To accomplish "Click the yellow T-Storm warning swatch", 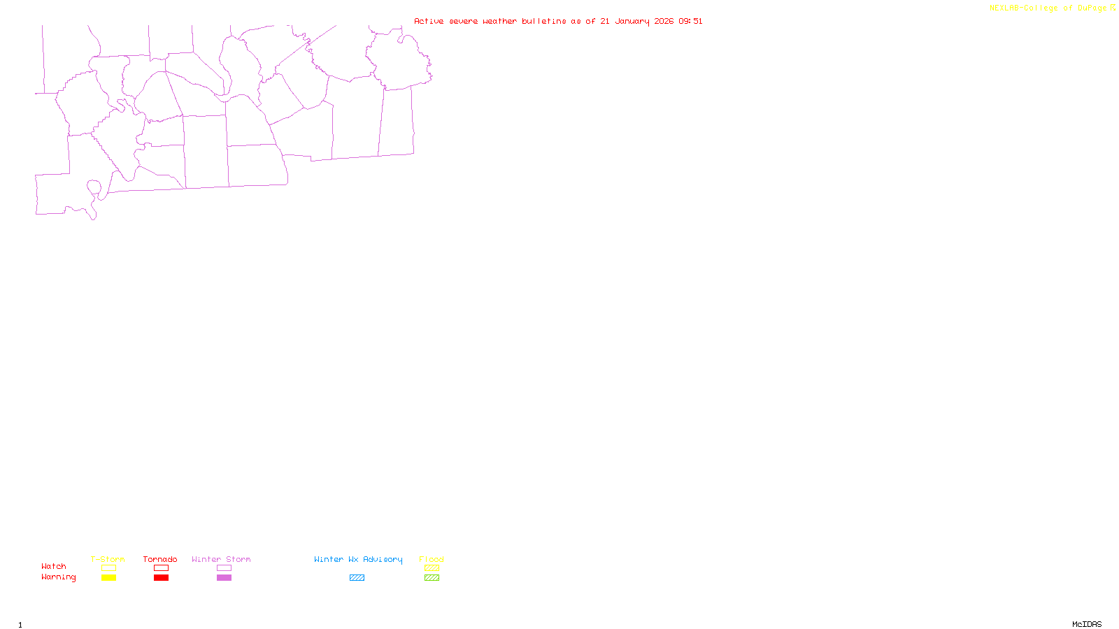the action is coord(108,578).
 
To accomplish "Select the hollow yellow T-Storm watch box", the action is coord(108,568).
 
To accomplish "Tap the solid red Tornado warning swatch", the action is coord(161,578).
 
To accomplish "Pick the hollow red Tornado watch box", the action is coord(161,568).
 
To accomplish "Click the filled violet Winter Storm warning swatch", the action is coord(224,578).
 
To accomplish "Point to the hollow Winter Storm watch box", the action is coord(224,568).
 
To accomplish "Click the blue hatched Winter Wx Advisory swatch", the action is coord(357,578).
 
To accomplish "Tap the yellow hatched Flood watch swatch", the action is coord(432,568).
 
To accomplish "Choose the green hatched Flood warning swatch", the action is coord(432,578).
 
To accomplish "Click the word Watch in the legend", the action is coord(54,567).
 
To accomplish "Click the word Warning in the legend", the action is coord(59,577).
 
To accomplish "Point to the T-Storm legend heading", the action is coord(108,559).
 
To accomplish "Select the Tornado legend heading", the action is coord(160,559).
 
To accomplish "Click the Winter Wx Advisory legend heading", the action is coord(358,559).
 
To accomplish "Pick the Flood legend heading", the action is coord(432,559).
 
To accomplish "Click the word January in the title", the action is coord(632,22).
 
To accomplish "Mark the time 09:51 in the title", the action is coord(690,22).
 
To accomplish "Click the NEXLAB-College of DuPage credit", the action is coord(1048,8).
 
